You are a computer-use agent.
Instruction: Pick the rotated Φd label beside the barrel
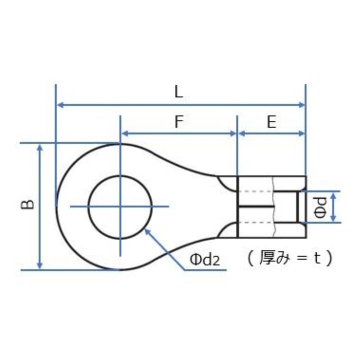pyautogui.click(x=320, y=206)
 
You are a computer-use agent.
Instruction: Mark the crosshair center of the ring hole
pyautogui.click(x=120, y=206)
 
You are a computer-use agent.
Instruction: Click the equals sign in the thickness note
pyautogui.click(x=300, y=258)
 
